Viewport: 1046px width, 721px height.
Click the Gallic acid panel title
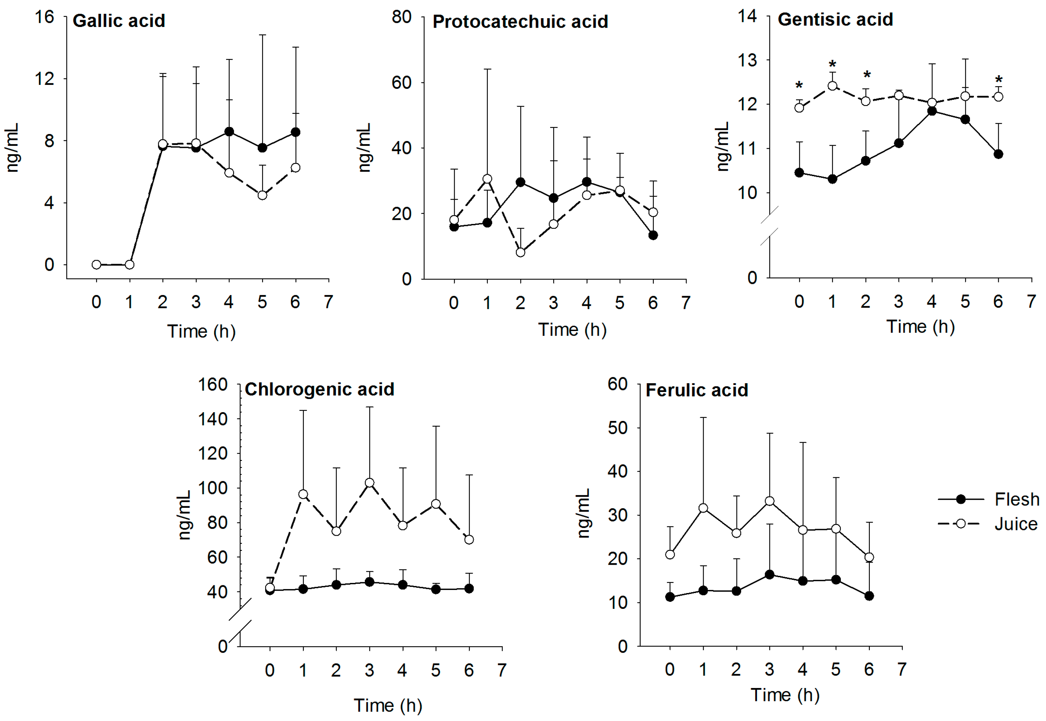coord(119,21)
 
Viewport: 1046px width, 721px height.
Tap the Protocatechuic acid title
coord(520,22)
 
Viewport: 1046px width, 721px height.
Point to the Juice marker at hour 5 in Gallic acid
coord(262,195)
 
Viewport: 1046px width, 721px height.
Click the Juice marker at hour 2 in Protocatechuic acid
coord(520,252)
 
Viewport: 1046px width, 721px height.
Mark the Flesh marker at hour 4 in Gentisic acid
coord(932,111)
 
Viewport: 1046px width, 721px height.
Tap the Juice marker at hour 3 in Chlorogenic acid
coord(370,483)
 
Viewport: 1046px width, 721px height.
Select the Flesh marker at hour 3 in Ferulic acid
coord(769,575)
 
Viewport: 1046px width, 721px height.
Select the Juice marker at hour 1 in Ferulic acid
coord(703,508)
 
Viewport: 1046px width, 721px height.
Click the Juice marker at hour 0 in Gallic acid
coord(96,264)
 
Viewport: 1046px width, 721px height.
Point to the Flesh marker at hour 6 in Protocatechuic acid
coord(653,235)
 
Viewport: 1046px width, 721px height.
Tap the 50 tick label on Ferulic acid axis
coord(617,428)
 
